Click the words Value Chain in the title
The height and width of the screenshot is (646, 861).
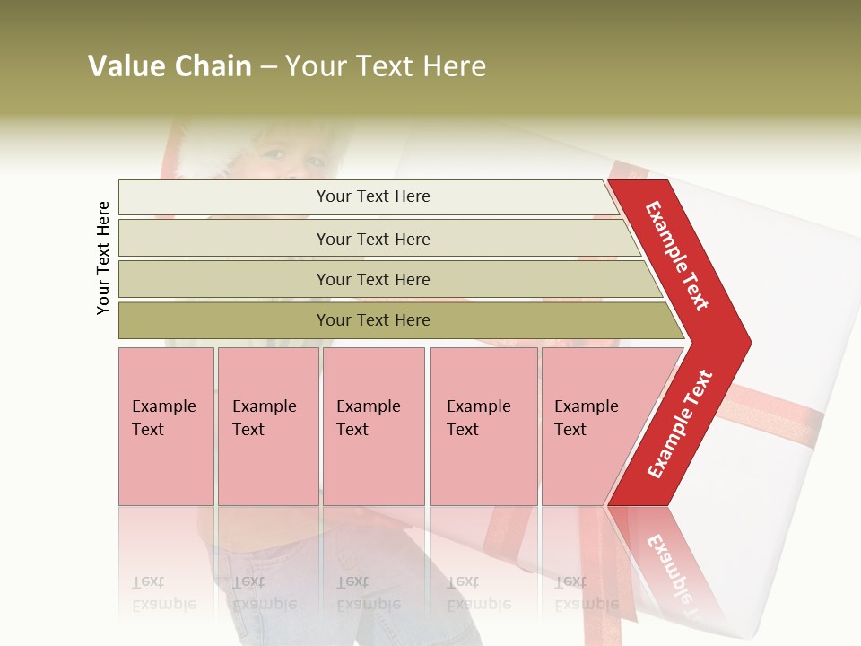(170, 66)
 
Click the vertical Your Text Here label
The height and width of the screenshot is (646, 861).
(103, 258)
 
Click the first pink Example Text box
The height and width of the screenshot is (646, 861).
(166, 425)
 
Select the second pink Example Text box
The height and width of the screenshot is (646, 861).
(268, 425)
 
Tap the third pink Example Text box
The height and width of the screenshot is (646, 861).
(373, 425)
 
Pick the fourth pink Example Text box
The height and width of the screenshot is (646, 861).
(483, 425)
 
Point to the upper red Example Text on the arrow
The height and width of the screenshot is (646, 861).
(677, 255)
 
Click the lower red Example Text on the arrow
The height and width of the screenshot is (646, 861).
(680, 423)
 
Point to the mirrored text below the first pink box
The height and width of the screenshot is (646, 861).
(164, 592)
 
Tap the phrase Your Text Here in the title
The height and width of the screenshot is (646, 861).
(386, 66)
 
